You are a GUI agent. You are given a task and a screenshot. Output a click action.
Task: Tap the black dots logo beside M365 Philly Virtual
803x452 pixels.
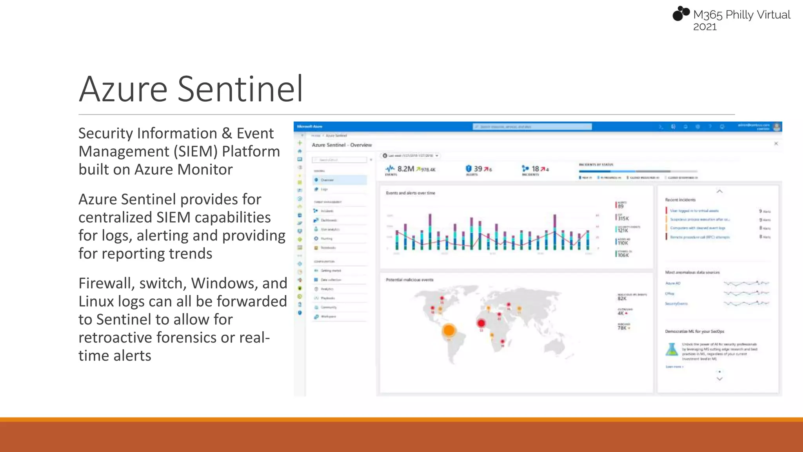[681, 13]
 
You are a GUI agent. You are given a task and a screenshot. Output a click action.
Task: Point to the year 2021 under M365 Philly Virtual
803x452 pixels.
[705, 27]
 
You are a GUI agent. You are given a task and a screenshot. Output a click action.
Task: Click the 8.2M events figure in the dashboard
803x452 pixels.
[405, 169]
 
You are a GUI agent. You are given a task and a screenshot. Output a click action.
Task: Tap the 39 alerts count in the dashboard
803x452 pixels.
[478, 169]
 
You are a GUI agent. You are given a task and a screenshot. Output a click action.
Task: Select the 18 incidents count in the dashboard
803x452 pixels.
[535, 169]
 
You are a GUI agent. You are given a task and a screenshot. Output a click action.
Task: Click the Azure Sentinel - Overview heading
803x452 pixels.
[342, 145]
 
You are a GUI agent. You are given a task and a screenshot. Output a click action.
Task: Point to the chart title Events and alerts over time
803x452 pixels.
[410, 193]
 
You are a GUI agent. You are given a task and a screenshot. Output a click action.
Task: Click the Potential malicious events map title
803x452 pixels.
[409, 280]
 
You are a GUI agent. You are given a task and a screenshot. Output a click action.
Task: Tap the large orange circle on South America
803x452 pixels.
[449, 330]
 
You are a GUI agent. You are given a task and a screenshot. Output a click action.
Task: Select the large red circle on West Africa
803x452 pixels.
[481, 323]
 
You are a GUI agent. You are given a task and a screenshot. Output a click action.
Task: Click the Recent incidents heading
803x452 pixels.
[680, 200]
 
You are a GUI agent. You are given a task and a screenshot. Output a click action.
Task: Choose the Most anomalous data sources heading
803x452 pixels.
[692, 272]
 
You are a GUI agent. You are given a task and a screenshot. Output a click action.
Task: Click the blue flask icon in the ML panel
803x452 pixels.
[672, 349]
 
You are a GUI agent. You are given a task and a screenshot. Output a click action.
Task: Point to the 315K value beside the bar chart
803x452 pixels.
[623, 219]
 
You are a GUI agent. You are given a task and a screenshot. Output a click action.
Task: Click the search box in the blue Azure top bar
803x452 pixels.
[532, 127]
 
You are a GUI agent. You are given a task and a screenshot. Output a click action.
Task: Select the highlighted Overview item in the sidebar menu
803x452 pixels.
[340, 180]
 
